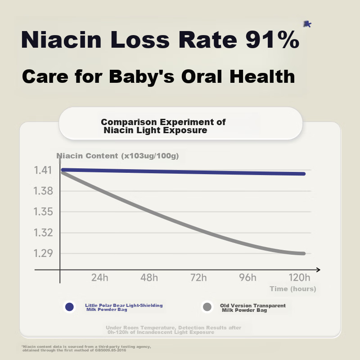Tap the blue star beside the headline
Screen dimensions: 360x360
pyautogui.click(x=307, y=24)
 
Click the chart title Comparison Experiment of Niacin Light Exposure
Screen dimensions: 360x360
pyautogui.click(x=163, y=126)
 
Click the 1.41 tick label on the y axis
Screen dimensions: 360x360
pyautogui.click(x=43, y=171)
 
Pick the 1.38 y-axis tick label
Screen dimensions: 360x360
pyautogui.click(x=43, y=191)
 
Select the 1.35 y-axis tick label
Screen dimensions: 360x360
pyautogui.click(x=43, y=212)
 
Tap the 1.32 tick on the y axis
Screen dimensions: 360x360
pyautogui.click(x=43, y=233)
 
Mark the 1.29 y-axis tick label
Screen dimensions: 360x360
pyautogui.click(x=43, y=253)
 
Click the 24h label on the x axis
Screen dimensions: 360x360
pyautogui.click(x=99, y=277)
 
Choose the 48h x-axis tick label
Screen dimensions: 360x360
pyautogui.click(x=149, y=277)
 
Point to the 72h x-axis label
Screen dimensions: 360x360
pyautogui.click(x=198, y=277)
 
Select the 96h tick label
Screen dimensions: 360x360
pyautogui.click(x=247, y=277)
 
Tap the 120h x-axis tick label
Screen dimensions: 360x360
pyautogui.click(x=299, y=277)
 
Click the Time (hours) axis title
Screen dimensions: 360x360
pyautogui.click(x=293, y=288)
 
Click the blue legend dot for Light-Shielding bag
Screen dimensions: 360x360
pyautogui.click(x=69, y=307)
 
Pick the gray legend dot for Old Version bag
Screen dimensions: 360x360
pyautogui.click(x=207, y=307)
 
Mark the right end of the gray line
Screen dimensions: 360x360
pyautogui.click(x=303, y=253)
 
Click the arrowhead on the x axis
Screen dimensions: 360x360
pyautogui.click(x=318, y=270)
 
